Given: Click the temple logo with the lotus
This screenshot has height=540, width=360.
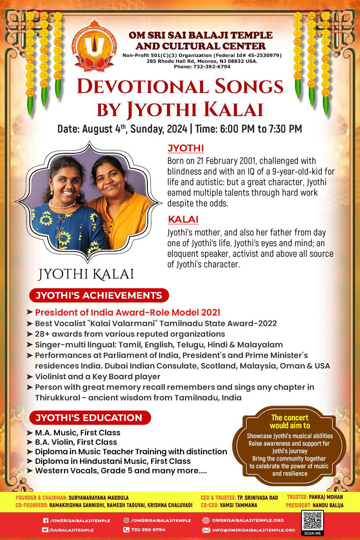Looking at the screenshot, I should click(94, 45).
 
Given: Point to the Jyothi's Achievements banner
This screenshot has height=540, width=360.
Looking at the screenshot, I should click(99, 295).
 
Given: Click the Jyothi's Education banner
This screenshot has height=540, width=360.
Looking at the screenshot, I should click(89, 418).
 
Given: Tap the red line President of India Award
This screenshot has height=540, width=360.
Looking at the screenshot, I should click(128, 313).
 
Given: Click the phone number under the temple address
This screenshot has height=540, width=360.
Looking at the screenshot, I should click(202, 67).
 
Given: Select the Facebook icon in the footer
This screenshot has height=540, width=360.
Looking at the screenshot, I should click(46, 521).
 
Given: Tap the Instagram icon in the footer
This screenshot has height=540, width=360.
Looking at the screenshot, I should click(126, 520).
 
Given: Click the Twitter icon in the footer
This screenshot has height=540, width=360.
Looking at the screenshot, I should click(45, 530).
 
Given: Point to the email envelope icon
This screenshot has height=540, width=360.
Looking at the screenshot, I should click(206, 530).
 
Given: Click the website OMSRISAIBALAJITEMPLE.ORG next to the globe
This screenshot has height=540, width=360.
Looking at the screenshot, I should click(247, 520).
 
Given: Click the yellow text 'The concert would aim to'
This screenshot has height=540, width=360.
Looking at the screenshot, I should click(289, 421).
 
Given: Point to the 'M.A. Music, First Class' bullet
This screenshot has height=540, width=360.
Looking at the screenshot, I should click(77, 432).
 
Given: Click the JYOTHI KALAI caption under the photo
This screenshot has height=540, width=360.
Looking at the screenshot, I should click(86, 274).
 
